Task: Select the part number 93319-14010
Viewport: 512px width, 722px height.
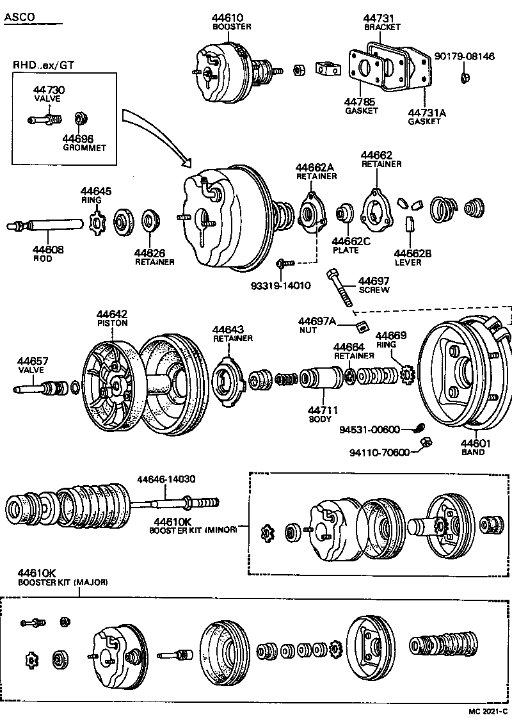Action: click(x=281, y=285)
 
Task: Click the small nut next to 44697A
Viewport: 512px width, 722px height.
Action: click(x=362, y=326)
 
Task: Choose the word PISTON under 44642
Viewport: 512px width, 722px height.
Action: click(x=113, y=323)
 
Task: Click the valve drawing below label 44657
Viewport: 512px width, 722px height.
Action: click(x=42, y=388)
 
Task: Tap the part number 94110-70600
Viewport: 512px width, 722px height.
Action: click(x=379, y=453)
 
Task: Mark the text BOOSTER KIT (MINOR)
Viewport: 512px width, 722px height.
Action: click(x=193, y=530)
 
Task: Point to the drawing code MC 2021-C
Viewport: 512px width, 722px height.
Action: click(x=487, y=711)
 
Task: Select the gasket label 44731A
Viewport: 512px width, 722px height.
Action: click(x=426, y=113)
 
